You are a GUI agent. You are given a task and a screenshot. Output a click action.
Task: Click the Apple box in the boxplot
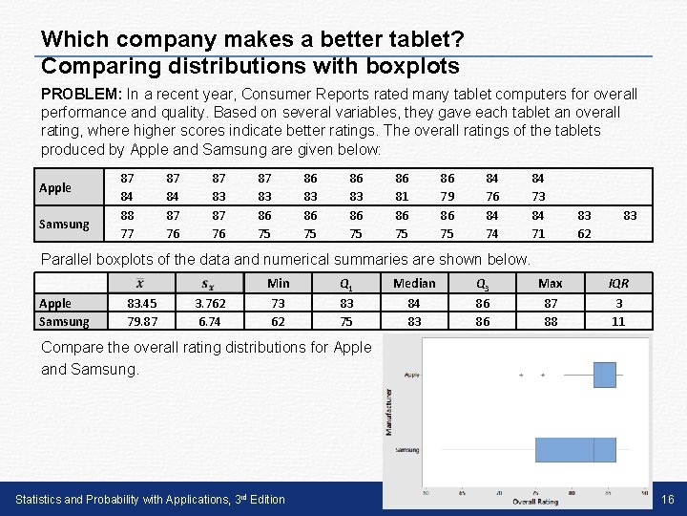point(604,375)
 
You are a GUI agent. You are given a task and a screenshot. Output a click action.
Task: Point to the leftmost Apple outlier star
point(521,376)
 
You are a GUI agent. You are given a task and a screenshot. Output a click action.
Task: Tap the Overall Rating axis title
point(535,501)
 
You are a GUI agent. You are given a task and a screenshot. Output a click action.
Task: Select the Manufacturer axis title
point(388,411)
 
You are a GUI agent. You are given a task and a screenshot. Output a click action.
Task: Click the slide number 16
point(668,499)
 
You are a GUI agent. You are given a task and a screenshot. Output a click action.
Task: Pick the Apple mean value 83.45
point(141,303)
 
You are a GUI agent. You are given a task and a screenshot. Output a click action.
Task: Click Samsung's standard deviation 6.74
point(209,321)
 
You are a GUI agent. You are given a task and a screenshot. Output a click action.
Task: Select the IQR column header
point(618,283)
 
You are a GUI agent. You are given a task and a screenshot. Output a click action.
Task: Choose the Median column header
point(414,283)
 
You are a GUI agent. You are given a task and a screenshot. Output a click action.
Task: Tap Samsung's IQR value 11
point(618,321)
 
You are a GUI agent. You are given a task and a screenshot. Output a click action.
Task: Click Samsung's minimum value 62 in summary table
point(278,321)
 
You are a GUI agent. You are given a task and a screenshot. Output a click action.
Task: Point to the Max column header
point(551,283)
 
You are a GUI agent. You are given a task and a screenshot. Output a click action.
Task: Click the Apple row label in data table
point(54,188)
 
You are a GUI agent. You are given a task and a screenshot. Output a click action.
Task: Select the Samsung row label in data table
point(63,224)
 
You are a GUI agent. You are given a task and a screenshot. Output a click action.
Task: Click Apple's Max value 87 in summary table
point(551,303)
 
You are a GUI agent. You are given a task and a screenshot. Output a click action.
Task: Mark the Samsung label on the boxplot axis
point(407,449)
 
